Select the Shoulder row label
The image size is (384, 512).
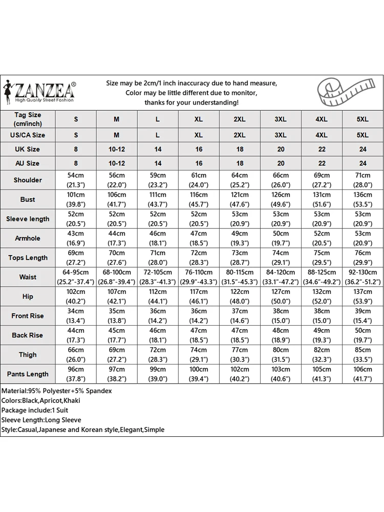pyautogui.click(x=28, y=180)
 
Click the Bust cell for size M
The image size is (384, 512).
pyautogui.click(x=117, y=199)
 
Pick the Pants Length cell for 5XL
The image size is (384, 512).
pyautogui.click(x=362, y=374)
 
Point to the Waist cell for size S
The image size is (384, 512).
pyautogui.click(x=76, y=277)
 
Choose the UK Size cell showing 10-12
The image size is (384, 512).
pyautogui.click(x=117, y=149)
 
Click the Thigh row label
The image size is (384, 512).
pyautogui.click(x=28, y=354)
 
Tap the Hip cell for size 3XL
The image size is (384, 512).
pyautogui.click(x=281, y=296)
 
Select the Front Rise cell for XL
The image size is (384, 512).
pyautogui.click(x=199, y=316)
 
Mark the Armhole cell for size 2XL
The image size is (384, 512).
pyautogui.click(x=240, y=238)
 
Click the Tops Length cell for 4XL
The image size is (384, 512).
pyautogui.click(x=322, y=258)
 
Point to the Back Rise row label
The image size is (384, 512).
pyautogui.click(x=28, y=335)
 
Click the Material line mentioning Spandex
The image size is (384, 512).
pyautogui.click(x=56, y=391)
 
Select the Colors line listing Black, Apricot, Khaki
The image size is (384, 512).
pyautogui.click(x=40, y=400)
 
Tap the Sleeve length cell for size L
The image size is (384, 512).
pyautogui.click(x=158, y=219)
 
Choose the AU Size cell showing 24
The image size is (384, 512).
pyautogui.click(x=362, y=163)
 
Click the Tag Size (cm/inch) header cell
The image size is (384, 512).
pyautogui.click(x=28, y=119)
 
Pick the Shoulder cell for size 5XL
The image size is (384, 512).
pyautogui.click(x=362, y=180)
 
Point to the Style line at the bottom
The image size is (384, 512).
pyautogui.click(x=82, y=430)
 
